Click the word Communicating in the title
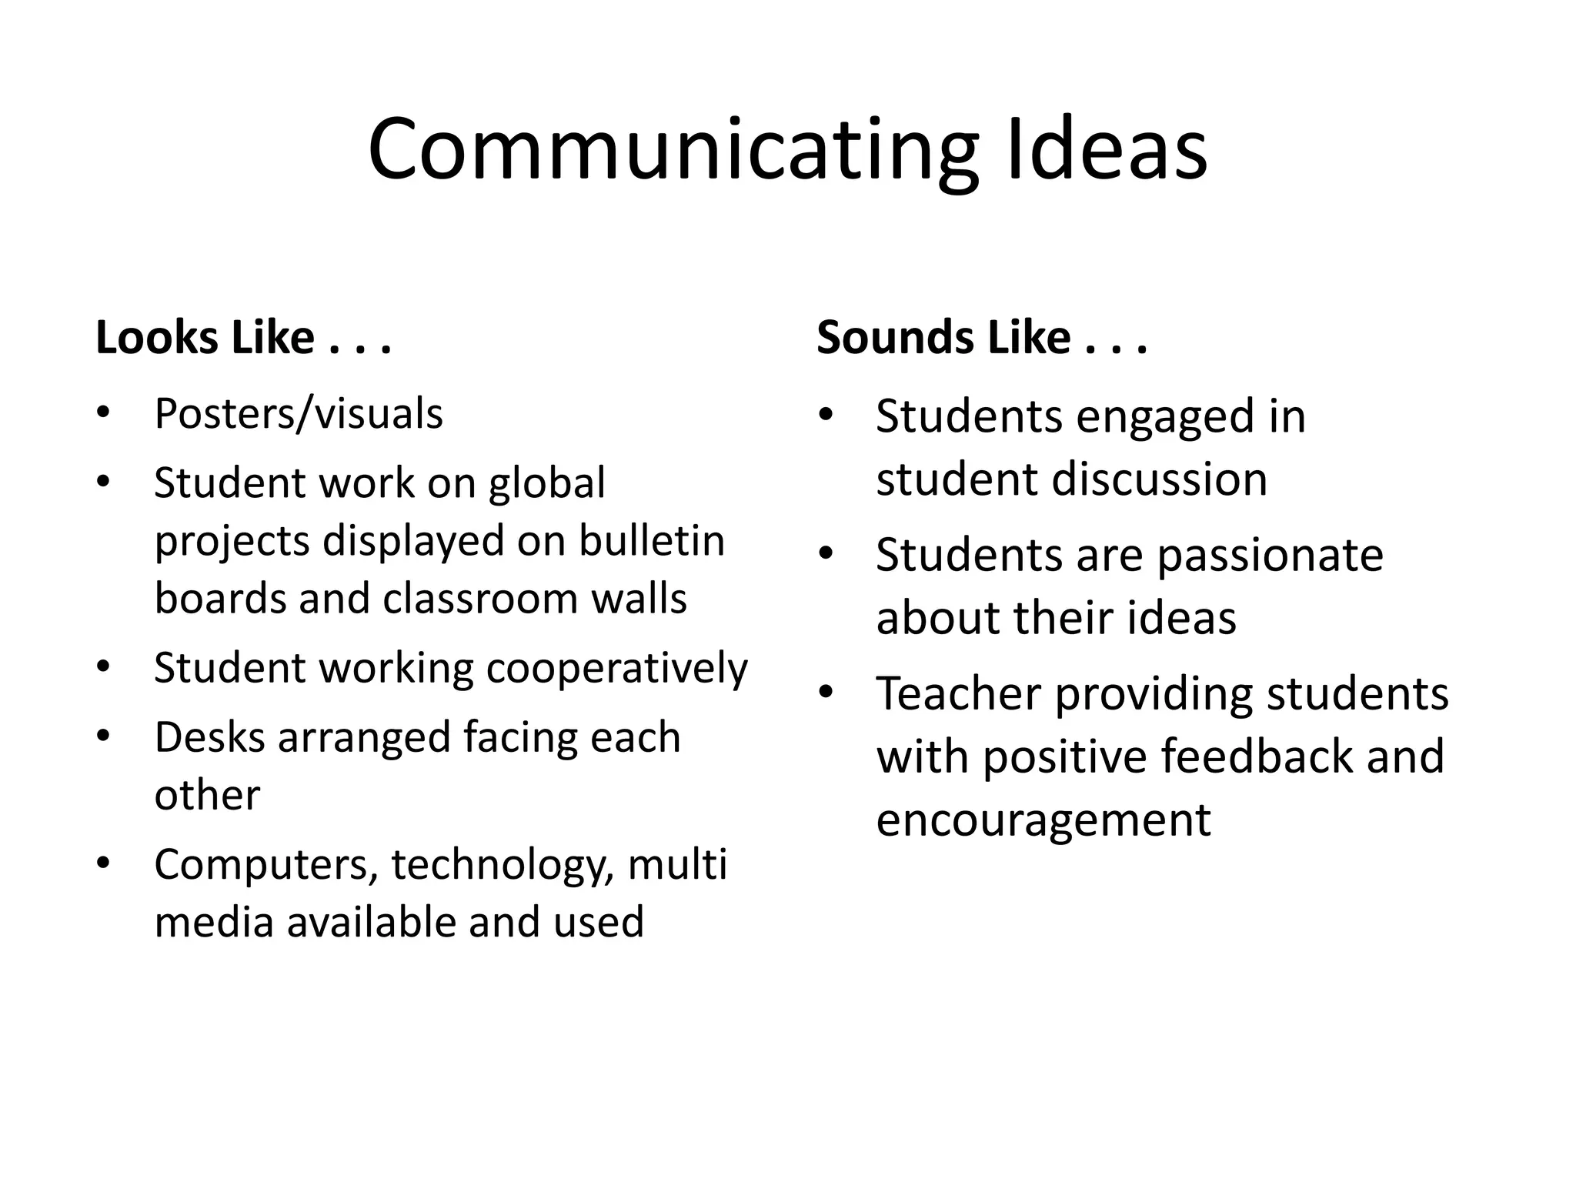coord(673,150)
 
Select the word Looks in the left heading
coord(156,338)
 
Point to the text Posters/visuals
coord(299,414)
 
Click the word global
coord(547,483)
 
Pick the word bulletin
coord(652,541)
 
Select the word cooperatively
coord(616,668)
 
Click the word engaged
coord(1150,417)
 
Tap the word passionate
coord(1270,556)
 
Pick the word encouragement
coord(1043,820)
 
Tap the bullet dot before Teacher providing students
coord(826,693)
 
